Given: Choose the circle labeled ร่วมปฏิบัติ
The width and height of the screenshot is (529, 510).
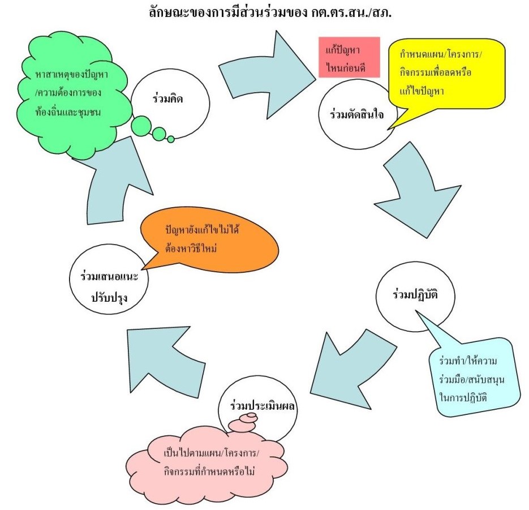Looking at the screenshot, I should point(415,295).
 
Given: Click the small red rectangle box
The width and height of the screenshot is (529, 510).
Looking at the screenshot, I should point(348,57).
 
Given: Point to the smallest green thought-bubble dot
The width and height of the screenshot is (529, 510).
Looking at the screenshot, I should point(171,139).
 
